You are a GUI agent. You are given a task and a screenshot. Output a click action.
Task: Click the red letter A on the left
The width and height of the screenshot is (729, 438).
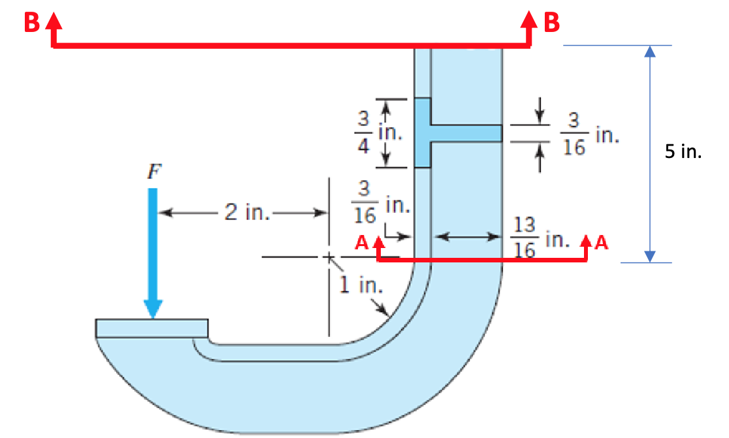[362, 244]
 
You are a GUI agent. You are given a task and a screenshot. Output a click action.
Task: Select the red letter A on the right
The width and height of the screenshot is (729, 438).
[602, 243]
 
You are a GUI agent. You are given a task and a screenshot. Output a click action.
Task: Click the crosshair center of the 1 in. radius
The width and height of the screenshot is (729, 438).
[329, 257]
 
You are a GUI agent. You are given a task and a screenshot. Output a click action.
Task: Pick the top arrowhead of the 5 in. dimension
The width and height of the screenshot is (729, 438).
[649, 52]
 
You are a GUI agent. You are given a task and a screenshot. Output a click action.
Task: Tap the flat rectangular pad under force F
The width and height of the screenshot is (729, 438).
[152, 327]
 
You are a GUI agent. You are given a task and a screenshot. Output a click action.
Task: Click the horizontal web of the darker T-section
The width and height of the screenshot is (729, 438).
[466, 133]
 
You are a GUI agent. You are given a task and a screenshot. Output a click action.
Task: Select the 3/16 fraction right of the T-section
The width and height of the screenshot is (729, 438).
[574, 134]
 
